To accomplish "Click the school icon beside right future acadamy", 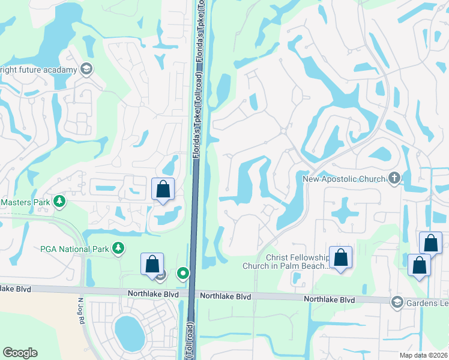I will pos(86,70).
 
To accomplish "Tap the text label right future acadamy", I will pos(38,70).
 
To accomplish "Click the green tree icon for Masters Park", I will pos(59,202).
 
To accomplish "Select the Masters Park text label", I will pos(25,202).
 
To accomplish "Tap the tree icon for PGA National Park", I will pos(119,247).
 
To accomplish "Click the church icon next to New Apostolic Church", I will pos(394,178).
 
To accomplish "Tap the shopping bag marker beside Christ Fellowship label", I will pos(341,258).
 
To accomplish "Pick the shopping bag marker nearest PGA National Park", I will pos(152,264).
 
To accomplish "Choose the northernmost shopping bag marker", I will pos(163,190).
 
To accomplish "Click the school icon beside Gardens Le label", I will pos(396,301).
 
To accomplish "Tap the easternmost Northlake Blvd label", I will pos(329,299).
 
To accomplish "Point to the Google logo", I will pos(20,353).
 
